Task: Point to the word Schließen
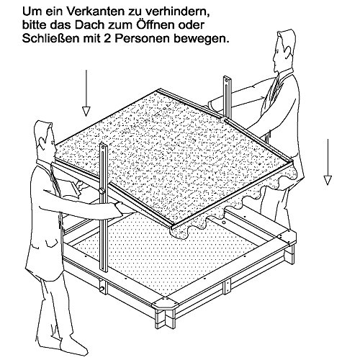click(x=51, y=38)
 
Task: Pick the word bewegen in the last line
click(x=200, y=40)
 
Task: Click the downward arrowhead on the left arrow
click(x=86, y=112)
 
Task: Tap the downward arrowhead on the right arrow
click(x=328, y=180)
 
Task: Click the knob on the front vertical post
click(x=102, y=192)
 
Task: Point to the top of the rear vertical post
click(x=227, y=77)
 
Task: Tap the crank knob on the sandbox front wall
click(x=102, y=288)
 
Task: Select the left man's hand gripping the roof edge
click(x=123, y=208)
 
